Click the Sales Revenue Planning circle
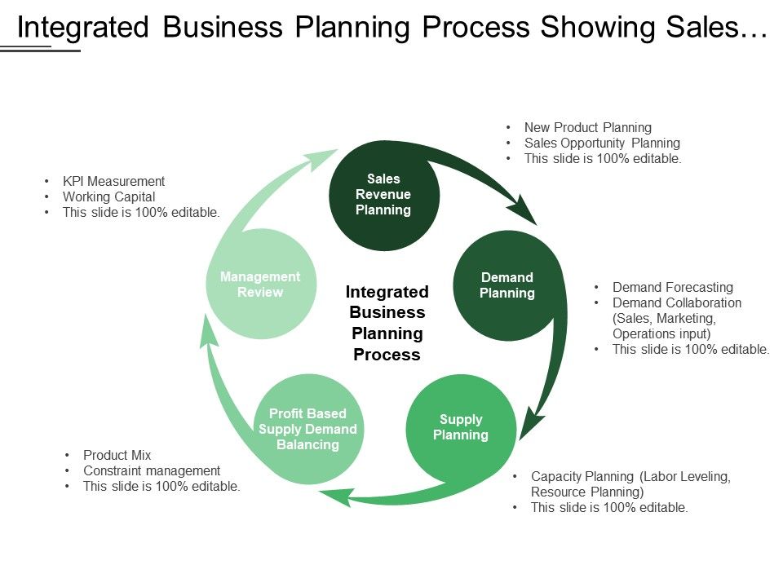click(384, 195)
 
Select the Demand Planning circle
click(507, 285)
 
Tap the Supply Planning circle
click(461, 427)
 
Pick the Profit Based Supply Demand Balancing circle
click(307, 429)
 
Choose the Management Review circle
click(260, 285)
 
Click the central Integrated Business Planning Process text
click(387, 323)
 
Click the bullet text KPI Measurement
click(113, 181)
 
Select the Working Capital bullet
click(108, 196)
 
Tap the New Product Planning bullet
click(587, 127)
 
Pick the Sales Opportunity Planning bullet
click(602, 143)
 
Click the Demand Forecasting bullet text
click(673, 287)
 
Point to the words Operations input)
click(661, 333)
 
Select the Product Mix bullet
click(117, 455)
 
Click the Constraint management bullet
click(152, 470)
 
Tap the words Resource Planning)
click(587, 492)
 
